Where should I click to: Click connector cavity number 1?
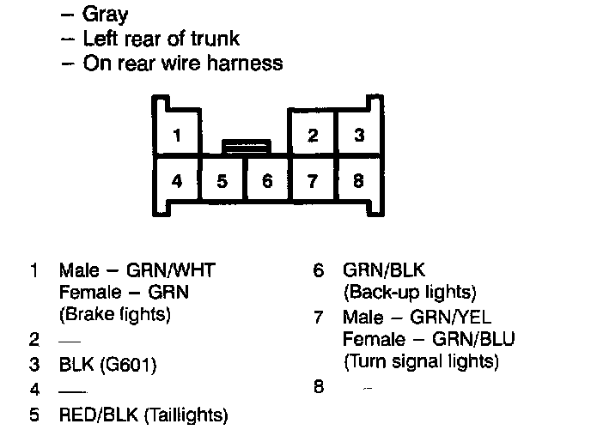176,136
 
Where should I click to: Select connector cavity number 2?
313,136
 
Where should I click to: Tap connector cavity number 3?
359,136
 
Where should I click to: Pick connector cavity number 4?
176,181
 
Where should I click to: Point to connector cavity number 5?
222,181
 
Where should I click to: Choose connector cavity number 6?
267,181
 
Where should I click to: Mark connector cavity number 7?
313,181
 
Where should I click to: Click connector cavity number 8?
359,181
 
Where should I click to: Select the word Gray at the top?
106,15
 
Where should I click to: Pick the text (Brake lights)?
115,314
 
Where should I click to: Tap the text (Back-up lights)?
410,293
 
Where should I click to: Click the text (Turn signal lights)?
421,360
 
